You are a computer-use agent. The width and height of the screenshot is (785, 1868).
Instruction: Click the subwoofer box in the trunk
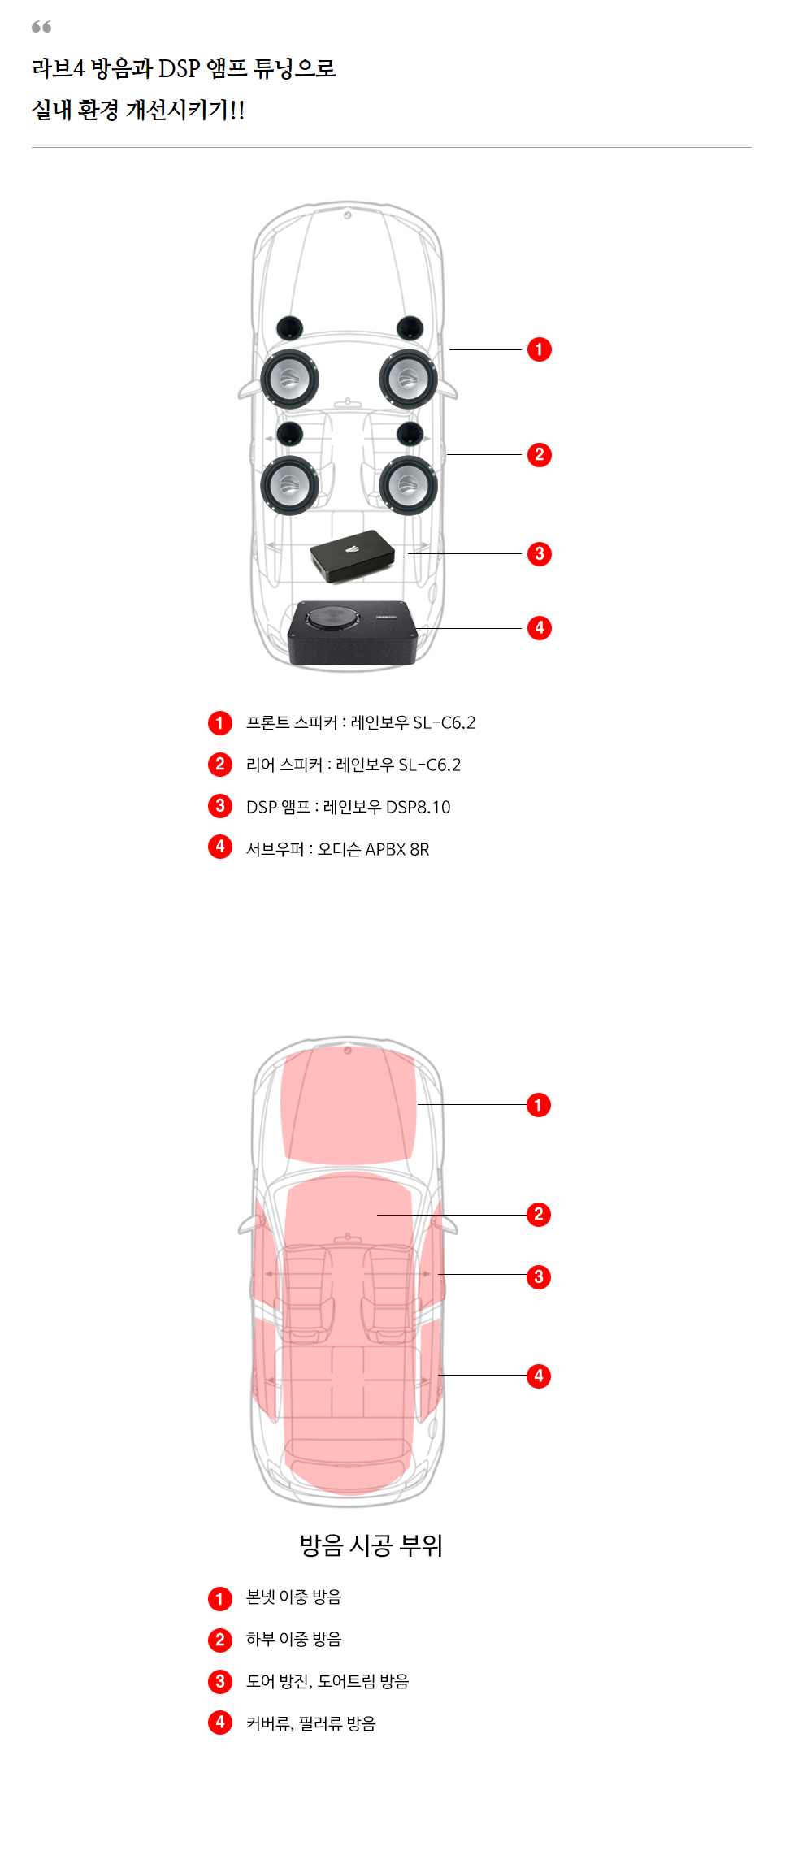[353, 633]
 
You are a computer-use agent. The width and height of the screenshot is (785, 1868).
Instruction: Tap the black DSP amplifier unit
[352, 556]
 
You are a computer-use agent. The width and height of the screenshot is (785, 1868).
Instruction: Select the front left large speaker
[289, 379]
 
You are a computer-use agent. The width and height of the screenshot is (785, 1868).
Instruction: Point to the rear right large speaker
[408, 485]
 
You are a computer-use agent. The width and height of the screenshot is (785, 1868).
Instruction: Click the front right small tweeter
[410, 327]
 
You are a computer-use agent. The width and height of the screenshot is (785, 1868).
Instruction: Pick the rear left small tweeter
[290, 433]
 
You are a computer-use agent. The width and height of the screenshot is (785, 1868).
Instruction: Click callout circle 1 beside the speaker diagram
[539, 349]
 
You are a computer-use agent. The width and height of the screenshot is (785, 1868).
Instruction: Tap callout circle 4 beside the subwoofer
[539, 628]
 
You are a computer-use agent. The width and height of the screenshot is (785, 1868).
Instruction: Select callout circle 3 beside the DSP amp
[539, 554]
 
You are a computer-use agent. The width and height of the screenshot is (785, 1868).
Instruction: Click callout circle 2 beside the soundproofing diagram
[538, 1215]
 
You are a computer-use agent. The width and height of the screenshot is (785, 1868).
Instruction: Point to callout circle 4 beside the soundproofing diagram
[538, 1376]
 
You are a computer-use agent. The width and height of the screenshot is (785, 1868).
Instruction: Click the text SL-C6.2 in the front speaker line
[445, 722]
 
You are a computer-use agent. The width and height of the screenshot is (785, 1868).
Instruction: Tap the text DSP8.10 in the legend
[418, 807]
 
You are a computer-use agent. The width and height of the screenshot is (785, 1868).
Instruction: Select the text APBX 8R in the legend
[397, 849]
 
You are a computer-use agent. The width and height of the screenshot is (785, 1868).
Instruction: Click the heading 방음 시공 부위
[371, 1545]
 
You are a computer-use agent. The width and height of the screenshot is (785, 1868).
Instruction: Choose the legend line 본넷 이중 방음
[294, 1597]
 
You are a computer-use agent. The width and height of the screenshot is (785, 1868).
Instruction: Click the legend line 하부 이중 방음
[294, 1639]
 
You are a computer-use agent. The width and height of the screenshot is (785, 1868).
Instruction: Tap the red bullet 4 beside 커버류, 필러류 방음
[220, 1723]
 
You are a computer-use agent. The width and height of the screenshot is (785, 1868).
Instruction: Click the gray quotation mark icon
[41, 27]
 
